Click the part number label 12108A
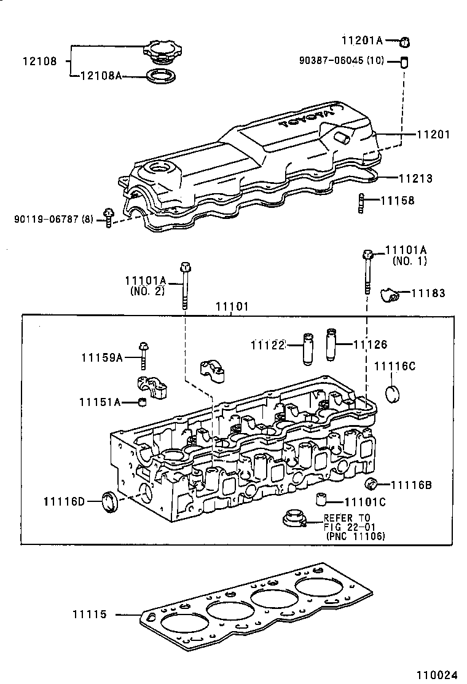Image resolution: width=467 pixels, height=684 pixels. (x=101, y=76)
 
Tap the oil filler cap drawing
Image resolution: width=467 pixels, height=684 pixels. (x=160, y=51)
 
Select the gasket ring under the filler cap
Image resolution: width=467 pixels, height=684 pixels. (x=161, y=77)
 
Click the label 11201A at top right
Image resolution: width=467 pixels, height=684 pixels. (x=362, y=41)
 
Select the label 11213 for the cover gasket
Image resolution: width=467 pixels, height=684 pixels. (x=415, y=178)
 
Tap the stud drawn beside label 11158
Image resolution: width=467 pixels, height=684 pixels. (x=362, y=202)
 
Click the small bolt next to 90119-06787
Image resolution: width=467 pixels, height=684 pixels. (x=108, y=217)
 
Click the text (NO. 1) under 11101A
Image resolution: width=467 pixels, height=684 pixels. (x=409, y=261)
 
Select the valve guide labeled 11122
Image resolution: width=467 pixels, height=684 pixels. (x=308, y=349)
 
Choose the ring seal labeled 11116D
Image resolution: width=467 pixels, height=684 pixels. (x=110, y=501)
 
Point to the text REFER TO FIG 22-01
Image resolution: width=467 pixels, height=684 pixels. (x=347, y=523)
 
